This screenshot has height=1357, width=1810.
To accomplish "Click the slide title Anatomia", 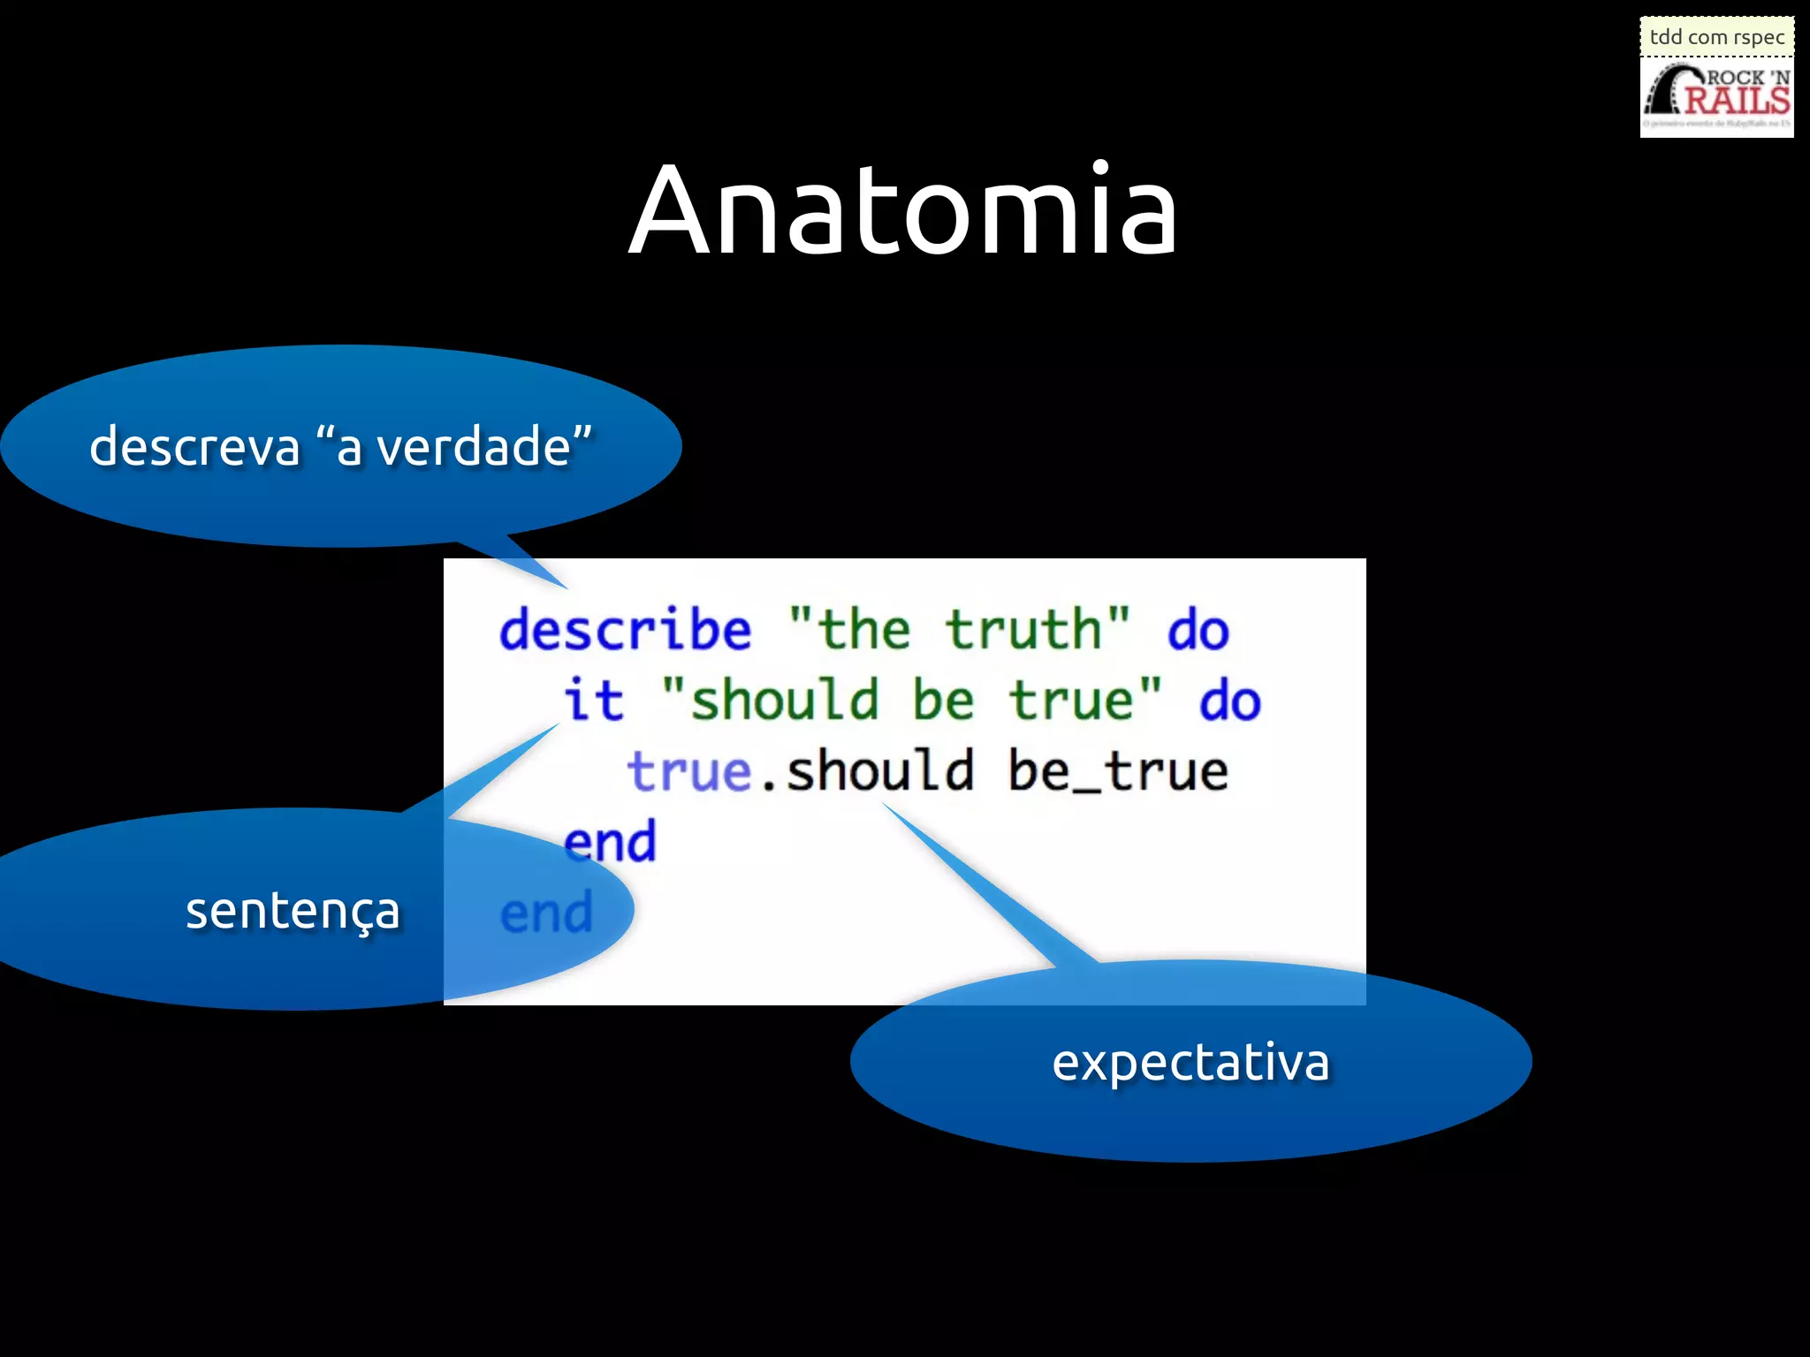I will [x=903, y=212].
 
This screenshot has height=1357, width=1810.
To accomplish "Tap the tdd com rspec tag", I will [x=1716, y=37].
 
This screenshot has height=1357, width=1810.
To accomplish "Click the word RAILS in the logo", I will [x=1736, y=100].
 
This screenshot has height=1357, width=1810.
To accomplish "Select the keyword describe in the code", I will [x=626, y=631].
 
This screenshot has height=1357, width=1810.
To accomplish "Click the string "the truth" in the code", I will [x=959, y=631].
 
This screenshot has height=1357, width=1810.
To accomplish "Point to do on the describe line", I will [x=1198, y=631].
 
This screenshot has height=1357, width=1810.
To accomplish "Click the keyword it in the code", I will [x=594, y=701].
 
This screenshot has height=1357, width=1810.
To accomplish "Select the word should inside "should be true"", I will [x=784, y=701].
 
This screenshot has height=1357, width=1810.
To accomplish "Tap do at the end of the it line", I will [x=1229, y=701].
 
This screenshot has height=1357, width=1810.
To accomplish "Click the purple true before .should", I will [x=688, y=771].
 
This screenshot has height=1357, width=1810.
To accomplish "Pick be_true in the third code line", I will [x=1118, y=771].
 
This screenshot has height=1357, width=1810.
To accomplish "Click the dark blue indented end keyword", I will [x=611, y=842].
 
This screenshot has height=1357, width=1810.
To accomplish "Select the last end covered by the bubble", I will [x=546, y=914].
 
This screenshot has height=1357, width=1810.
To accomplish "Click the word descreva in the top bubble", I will [x=194, y=446].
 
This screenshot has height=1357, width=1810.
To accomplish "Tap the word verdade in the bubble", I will [x=473, y=446].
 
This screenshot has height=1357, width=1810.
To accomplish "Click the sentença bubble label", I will [x=293, y=910].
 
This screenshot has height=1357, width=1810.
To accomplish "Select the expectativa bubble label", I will [x=1190, y=1062].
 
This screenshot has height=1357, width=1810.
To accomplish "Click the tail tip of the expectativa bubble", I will [x=884, y=804].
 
